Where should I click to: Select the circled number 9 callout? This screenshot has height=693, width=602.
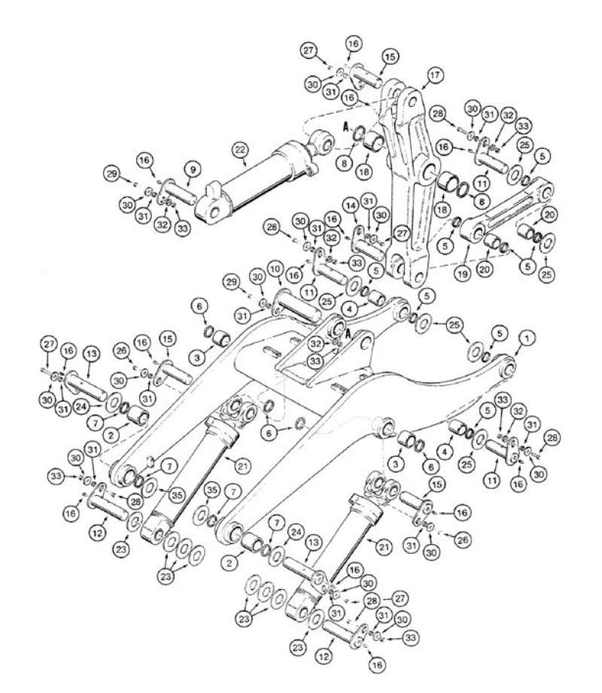pyautogui.click(x=191, y=170)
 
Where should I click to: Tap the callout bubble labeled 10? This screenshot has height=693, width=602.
pyautogui.click(x=275, y=269)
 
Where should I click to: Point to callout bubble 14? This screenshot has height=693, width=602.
pyautogui.click(x=350, y=205)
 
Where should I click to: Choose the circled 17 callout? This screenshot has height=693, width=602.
pyautogui.click(x=434, y=75)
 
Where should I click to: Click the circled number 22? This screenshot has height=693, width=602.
pyautogui.click(x=239, y=150)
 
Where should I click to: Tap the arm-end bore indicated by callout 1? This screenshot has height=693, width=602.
pyautogui.click(x=509, y=366)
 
